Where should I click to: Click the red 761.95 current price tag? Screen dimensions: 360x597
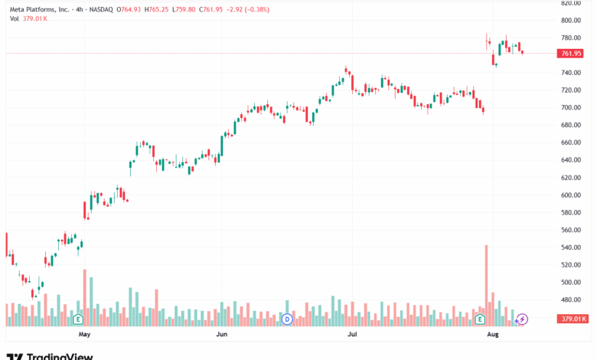571,54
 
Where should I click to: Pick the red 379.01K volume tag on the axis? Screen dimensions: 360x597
573,319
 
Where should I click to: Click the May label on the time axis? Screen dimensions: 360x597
85,335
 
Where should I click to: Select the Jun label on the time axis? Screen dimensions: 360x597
221,335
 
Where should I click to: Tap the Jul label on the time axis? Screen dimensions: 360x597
353,335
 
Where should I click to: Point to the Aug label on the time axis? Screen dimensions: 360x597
493,335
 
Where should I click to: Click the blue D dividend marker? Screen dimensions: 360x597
287,318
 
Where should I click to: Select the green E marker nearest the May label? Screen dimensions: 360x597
78,318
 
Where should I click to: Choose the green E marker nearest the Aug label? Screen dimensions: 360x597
481,318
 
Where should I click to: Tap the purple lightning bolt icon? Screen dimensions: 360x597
523,319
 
